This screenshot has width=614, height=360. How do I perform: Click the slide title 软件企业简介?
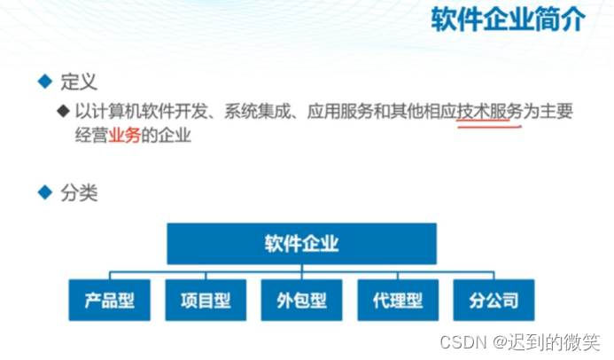[508, 20]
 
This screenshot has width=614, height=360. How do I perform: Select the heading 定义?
[78, 82]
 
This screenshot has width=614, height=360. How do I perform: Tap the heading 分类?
[78, 192]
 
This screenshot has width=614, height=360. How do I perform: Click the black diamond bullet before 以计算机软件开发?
[62, 112]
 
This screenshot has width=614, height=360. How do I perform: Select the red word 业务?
[124, 137]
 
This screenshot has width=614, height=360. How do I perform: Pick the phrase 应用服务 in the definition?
[339, 112]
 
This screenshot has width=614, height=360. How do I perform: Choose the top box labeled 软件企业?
[301, 243]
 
